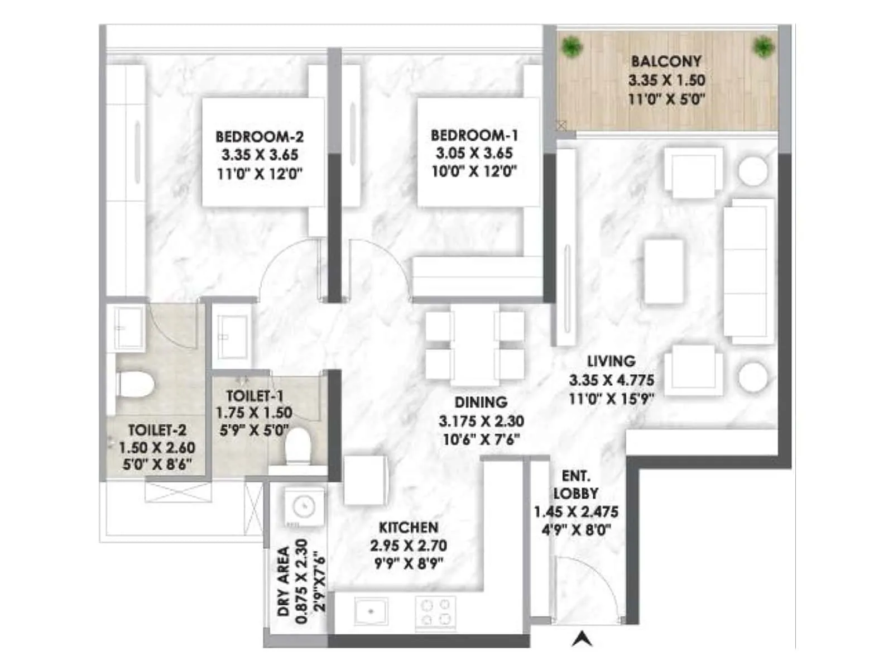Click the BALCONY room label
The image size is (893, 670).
(x=666, y=61)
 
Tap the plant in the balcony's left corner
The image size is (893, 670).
(x=570, y=46)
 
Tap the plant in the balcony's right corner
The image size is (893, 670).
(x=763, y=47)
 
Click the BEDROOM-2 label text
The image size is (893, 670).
(x=260, y=136)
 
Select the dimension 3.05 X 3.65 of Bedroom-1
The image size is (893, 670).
(x=474, y=153)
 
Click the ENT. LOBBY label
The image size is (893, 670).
(x=575, y=485)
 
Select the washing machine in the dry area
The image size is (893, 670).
(x=304, y=507)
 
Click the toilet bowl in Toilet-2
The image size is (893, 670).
(x=136, y=385)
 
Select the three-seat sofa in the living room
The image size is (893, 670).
(x=748, y=271)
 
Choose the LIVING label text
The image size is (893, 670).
(x=611, y=361)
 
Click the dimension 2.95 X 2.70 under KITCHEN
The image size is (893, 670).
(x=408, y=545)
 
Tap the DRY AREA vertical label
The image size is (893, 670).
(x=284, y=581)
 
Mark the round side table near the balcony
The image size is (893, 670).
(x=753, y=171)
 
